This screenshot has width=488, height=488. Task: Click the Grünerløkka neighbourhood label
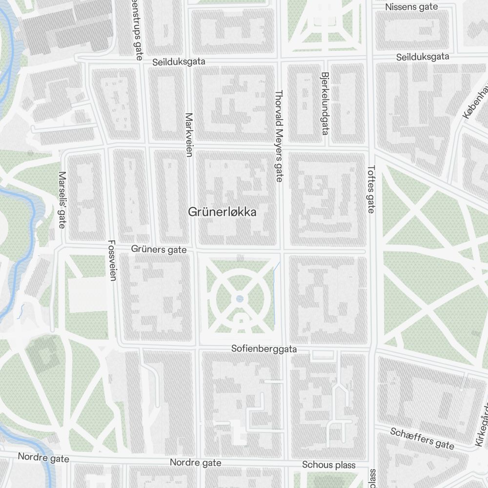(222, 212)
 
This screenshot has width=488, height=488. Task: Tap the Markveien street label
(189, 135)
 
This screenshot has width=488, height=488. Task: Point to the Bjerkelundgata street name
(324, 104)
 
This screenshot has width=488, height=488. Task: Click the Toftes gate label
(370, 189)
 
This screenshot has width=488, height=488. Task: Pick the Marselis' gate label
(61, 200)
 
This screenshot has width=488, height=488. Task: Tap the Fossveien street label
(112, 260)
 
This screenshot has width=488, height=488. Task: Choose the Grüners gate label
(159, 249)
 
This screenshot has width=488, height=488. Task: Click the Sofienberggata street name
(264, 349)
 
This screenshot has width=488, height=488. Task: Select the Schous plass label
(328, 465)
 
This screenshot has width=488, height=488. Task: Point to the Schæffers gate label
(422, 438)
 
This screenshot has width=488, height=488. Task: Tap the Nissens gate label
(411, 7)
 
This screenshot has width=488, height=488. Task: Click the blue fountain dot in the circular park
(239, 299)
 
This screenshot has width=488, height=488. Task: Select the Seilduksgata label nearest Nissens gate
(423, 57)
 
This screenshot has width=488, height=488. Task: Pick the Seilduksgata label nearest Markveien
(179, 62)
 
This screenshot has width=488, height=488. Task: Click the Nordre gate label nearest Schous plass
(195, 462)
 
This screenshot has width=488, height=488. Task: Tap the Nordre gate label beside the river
(43, 458)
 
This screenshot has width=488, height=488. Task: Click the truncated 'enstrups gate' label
(135, 29)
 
